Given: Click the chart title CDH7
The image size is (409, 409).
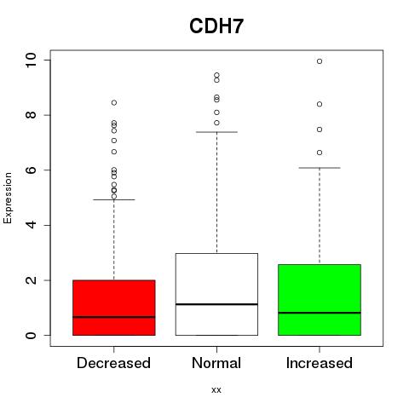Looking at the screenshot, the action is coord(216,26).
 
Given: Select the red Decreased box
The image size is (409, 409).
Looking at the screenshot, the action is coord(114,308).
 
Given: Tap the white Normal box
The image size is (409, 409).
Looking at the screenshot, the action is coord(216,294).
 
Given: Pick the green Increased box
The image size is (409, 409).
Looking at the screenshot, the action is coord(320,300).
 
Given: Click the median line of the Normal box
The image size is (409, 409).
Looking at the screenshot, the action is coord(216,304).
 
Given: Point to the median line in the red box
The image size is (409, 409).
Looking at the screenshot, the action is coord(114,317).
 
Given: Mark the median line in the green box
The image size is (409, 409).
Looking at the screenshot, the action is coord(320,313).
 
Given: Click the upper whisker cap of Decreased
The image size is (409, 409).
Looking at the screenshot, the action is coord(114,199).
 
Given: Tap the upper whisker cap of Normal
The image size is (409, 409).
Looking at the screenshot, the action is coord(216,132).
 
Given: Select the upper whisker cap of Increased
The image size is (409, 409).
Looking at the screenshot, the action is coord(320,168).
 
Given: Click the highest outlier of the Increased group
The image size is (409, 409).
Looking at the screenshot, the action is coord(320,61).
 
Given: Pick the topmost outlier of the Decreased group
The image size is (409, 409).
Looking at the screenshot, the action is coord(114,102).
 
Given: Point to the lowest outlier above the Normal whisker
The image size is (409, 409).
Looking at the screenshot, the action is coord(216,123).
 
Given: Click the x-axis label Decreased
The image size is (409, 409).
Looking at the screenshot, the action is coord(113,363).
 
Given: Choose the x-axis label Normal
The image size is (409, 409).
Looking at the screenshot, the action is coord(216,363).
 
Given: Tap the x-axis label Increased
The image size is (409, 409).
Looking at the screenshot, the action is coord(320,363).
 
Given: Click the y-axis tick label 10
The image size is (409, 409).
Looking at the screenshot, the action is coord(31,60).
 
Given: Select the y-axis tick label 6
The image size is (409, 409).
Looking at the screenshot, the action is coord(31,170).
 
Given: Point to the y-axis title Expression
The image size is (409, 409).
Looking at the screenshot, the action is coord(8,198).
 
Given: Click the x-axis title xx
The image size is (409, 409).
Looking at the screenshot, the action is coord(216,389).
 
